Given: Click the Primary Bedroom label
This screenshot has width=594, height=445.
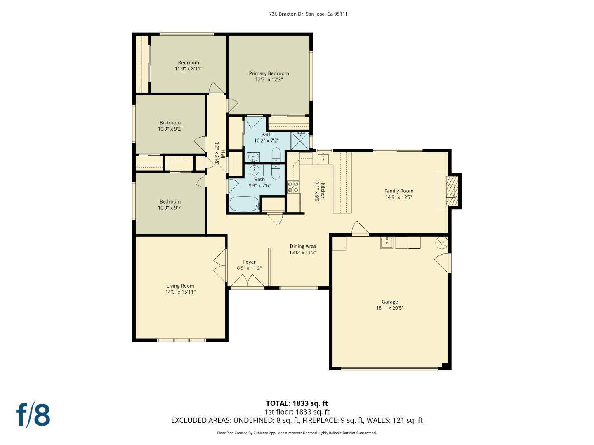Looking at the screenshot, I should pos(269,73).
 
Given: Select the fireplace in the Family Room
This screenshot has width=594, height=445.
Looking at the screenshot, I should pos(453,191).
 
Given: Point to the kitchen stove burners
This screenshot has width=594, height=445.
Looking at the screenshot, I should pos(293,187).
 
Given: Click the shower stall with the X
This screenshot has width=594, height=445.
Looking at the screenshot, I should pos(300,141).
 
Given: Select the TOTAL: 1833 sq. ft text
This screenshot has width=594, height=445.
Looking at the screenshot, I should pos(297,403).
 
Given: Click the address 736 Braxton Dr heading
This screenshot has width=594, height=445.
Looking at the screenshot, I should pos(308,14).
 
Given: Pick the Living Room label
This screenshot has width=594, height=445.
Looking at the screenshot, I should pos(180,286).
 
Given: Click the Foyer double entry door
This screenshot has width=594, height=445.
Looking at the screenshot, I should pos(247,282).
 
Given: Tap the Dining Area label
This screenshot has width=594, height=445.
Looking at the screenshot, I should pos(303,246).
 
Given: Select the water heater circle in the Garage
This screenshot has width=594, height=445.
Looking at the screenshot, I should pos(441,242).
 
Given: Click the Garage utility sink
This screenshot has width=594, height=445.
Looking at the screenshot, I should pos(387,242).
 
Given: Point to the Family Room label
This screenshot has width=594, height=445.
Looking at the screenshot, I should pos(398,191).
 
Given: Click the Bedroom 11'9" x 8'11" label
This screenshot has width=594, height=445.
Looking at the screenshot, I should pos(189,63).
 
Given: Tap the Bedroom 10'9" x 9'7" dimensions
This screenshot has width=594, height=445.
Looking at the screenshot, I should pos(170,208).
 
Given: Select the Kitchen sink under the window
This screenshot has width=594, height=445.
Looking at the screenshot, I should pos(324,157).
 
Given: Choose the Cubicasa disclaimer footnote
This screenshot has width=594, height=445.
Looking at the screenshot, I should pos(297,433).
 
